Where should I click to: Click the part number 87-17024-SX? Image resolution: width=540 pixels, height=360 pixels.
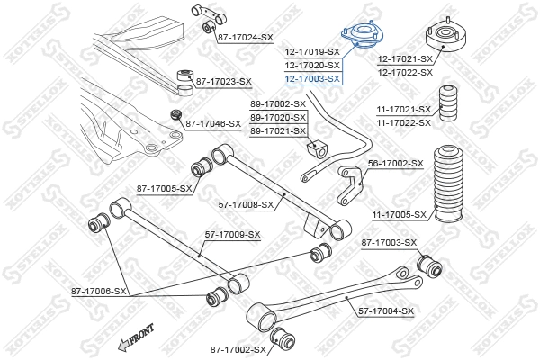(x=245, y=37)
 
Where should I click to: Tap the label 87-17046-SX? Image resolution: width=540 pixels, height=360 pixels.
(x=212, y=123)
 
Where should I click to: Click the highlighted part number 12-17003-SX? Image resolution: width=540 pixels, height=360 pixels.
(x=312, y=78)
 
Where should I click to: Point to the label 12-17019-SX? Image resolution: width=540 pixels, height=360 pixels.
(x=312, y=52)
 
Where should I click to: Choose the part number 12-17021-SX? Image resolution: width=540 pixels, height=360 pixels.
(x=405, y=58)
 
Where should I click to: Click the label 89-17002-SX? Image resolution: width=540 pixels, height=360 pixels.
(x=278, y=104)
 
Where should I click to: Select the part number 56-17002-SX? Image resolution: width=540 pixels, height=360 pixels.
(x=395, y=163)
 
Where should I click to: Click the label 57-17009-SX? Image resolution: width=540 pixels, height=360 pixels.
(x=232, y=235)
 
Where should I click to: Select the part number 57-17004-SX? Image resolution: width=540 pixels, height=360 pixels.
(x=386, y=311)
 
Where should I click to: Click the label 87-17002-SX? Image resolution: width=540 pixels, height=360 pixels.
(x=238, y=348)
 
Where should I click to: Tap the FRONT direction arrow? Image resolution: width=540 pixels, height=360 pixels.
(x=134, y=337)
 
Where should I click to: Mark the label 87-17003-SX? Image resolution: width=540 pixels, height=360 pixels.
(x=389, y=243)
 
